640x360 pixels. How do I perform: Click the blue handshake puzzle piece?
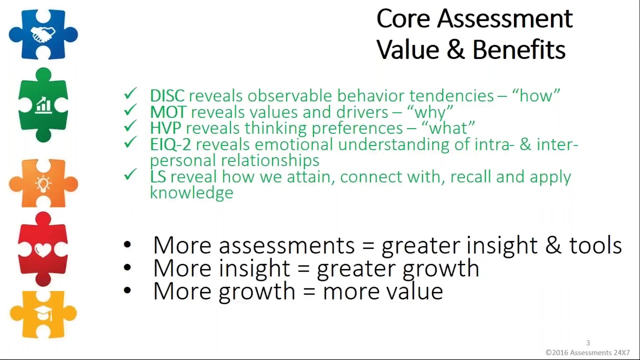pos(43,34)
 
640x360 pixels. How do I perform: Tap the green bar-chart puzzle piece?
pos(43,105)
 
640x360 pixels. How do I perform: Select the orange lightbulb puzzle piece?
pos(43,183)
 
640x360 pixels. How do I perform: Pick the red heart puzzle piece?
pos(43,249)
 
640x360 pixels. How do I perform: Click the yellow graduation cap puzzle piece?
pos(43,314)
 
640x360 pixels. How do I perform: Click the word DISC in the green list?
pos(167,95)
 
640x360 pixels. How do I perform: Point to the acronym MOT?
pos(168,112)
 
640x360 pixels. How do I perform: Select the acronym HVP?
pos(165,128)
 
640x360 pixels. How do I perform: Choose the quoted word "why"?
pos(430,112)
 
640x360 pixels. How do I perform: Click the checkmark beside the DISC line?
pos(130,94)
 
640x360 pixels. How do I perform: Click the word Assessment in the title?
pos(504,19)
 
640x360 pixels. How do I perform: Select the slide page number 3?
pos(588,343)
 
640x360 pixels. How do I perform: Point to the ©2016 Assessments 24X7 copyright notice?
pos(587,352)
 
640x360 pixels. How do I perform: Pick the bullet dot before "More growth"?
pos(127,290)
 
